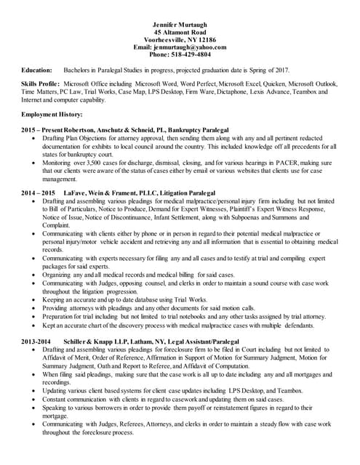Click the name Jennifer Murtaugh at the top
[x=180, y=25]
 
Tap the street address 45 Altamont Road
[x=180, y=33]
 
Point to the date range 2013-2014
[x=36, y=340]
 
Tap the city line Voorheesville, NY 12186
[x=180, y=40]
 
